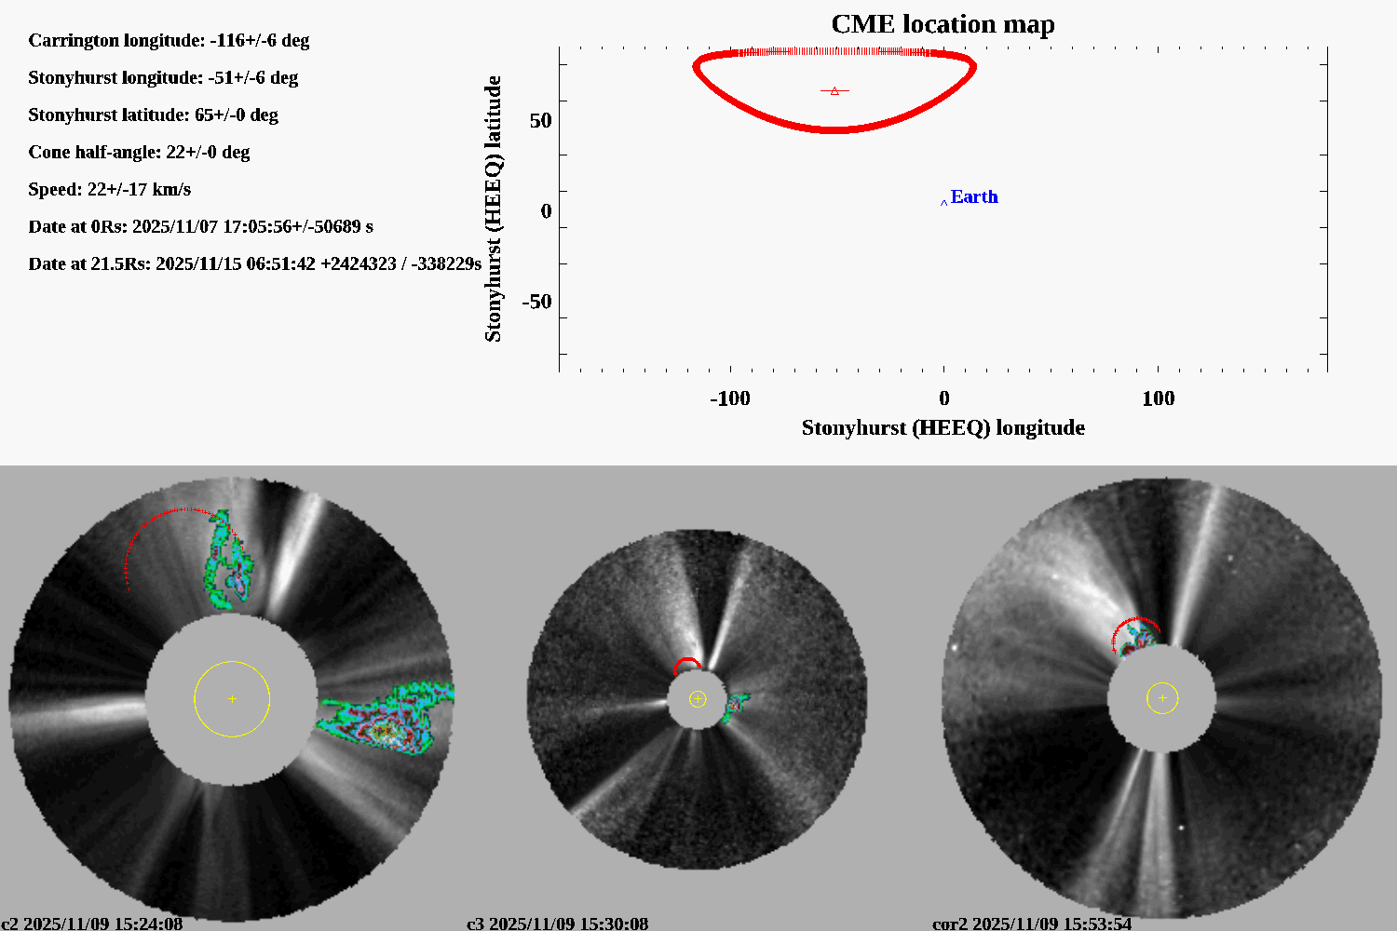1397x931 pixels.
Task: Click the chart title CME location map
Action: pyautogui.click(x=943, y=24)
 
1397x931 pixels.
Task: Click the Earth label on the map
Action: pyautogui.click(x=974, y=196)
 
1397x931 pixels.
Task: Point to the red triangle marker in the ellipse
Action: pyautogui.click(x=834, y=91)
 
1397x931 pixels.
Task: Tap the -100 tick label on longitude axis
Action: pyautogui.click(x=729, y=398)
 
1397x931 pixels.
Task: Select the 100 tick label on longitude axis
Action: pyautogui.click(x=1158, y=398)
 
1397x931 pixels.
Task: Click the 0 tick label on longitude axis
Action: pyautogui.click(x=943, y=398)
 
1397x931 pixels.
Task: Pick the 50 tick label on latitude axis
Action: pyautogui.click(x=540, y=121)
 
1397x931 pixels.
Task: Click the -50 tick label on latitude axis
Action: pyautogui.click(x=536, y=302)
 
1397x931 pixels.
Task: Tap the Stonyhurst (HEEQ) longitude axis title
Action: pyautogui.click(x=943, y=427)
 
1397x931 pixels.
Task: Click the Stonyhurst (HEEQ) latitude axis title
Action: pyautogui.click(x=493, y=209)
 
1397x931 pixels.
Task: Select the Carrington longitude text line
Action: pyautogui.click(x=169, y=40)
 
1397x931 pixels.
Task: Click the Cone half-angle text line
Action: pyautogui.click(x=139, y=152)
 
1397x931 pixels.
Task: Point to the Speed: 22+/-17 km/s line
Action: pyautogui.click(x=109, y=189)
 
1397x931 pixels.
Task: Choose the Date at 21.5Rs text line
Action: pyautogui.click(x=254, y=263)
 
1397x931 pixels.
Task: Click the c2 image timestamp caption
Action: pyautogui.click(x=91, y=924)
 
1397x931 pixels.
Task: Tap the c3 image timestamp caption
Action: pyautogui.click(x=557, y=924)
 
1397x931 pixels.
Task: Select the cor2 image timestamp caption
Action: pyautogui.click(x=1032, y=924)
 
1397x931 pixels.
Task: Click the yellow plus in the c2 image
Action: pyautogui.click(x=232, y=698)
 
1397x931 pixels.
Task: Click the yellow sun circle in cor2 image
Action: pyautogui.click(x=1162, y=697)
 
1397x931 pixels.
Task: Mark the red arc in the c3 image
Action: pyautogui.click(x=687, y=662)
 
